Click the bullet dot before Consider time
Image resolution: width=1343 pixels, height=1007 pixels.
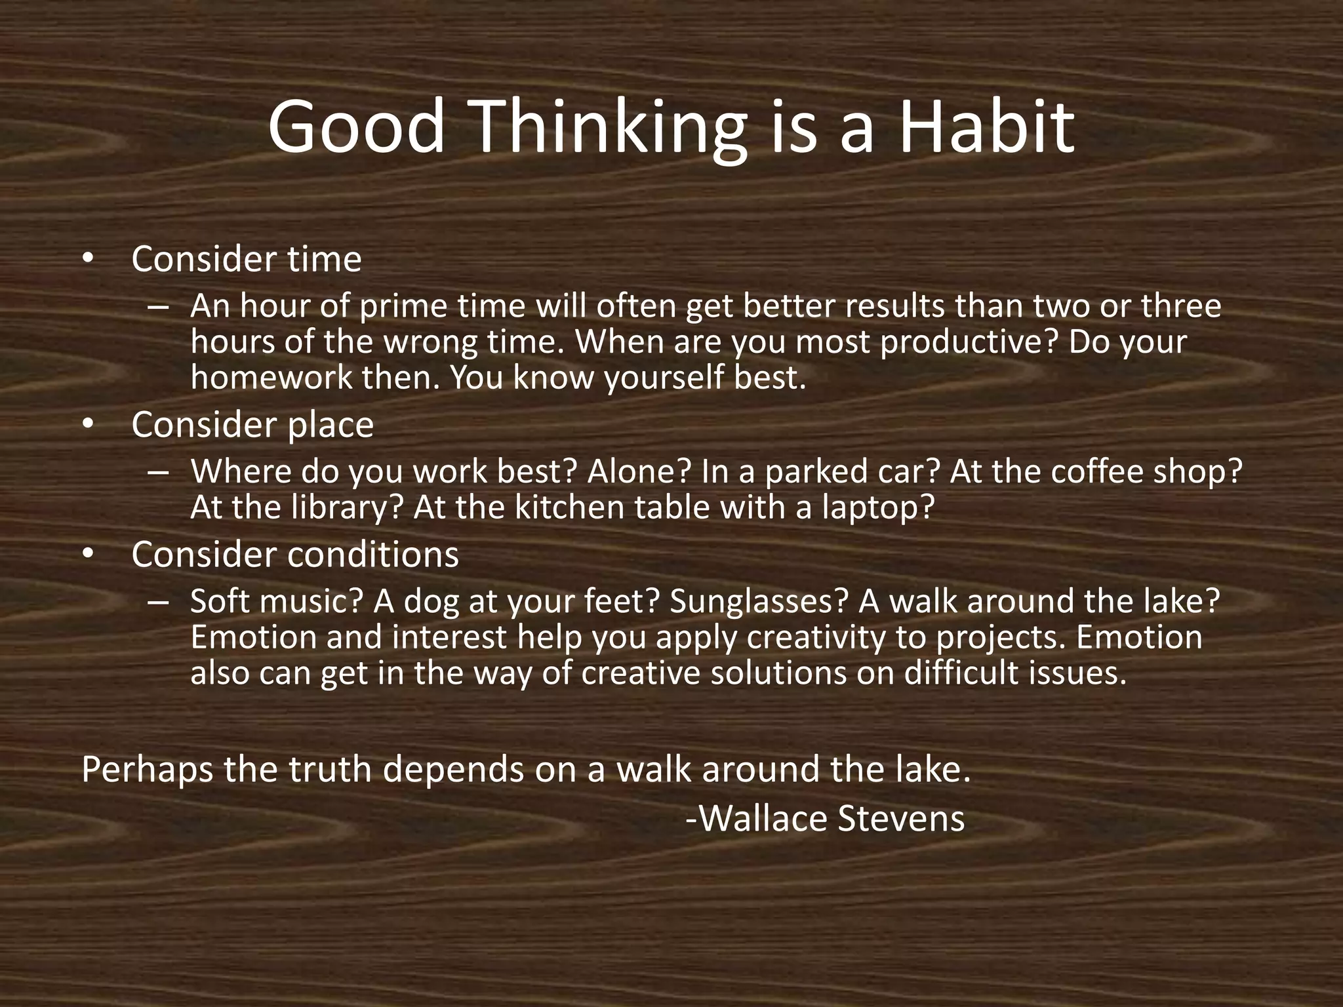pyautogui.click(x=88, y=260)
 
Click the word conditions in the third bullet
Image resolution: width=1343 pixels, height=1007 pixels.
pyautogui.click(x=373, y=555)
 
